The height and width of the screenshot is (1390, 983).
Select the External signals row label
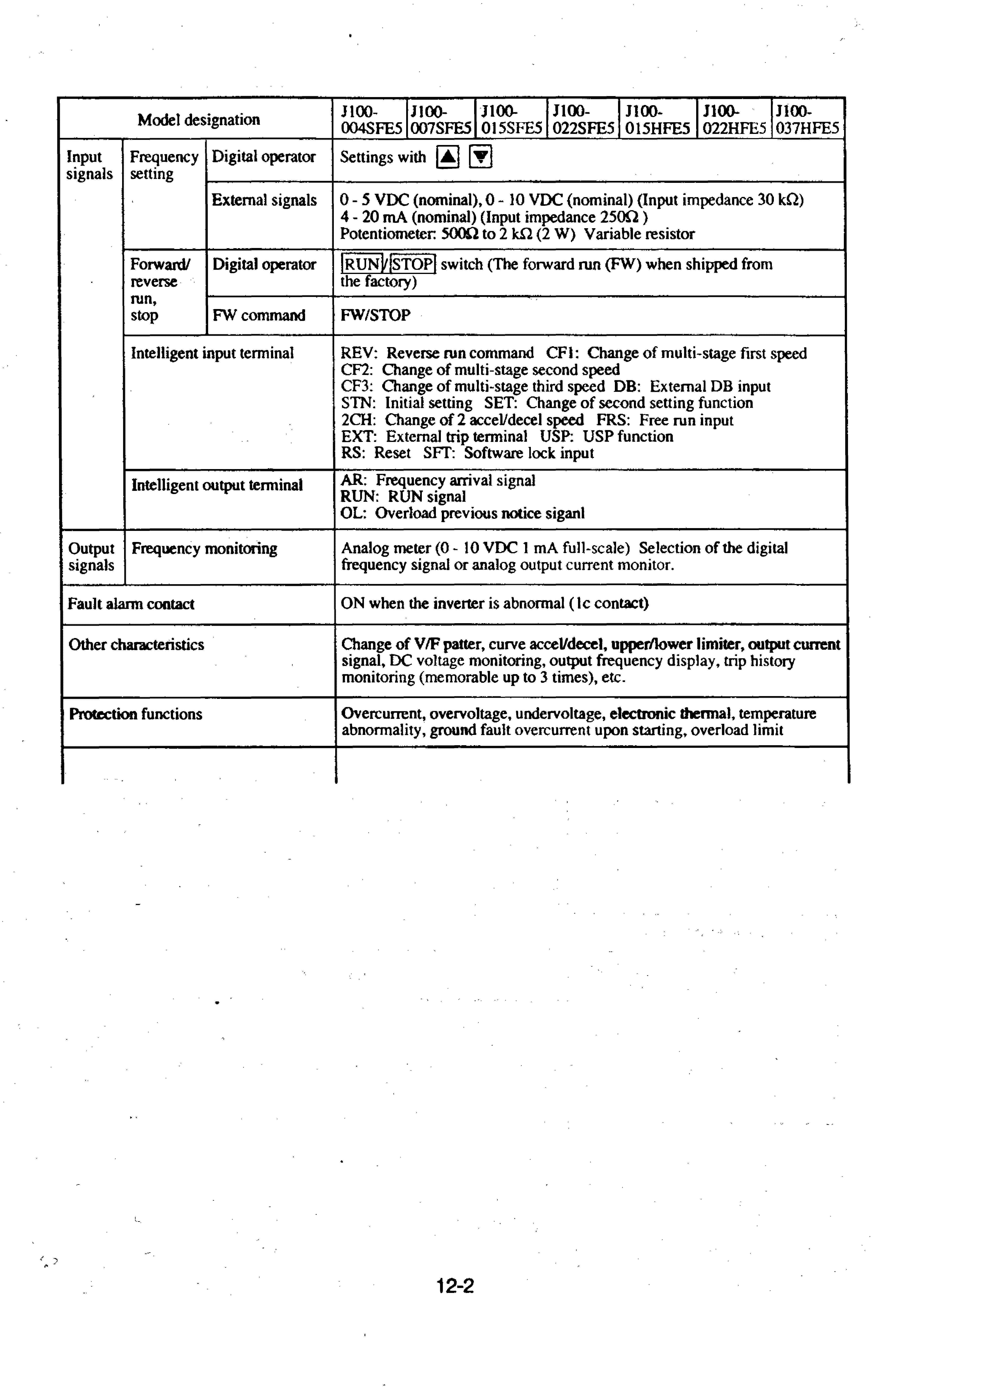[x=264, y=200]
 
